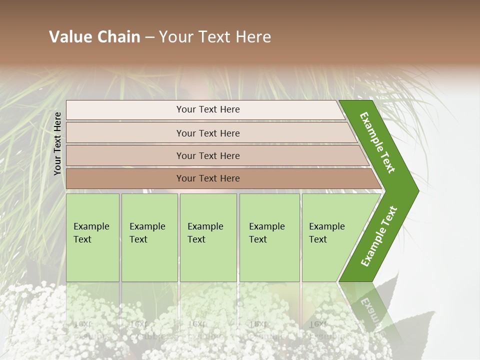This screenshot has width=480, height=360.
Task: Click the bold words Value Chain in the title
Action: click(x=94, y=37)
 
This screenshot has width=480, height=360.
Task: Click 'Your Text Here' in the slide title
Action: click(x=215, y=37)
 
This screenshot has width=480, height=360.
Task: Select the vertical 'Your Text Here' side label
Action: click(x=57, y=143)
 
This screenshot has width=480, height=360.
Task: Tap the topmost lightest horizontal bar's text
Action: click(x=208, y=109)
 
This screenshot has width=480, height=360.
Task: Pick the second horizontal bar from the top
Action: click(x=208, y=133)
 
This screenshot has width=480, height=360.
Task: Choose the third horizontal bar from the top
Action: click(x=208, y=156)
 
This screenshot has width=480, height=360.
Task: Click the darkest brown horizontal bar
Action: click(x=208, y=178)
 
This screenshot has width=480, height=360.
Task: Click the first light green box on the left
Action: click(x=92, y=237)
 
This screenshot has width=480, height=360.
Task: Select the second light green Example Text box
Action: click(x=149, y=237)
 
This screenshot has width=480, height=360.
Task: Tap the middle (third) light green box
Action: click(x=208, y=237)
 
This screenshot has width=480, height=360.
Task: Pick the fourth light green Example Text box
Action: click(x=269, y=237)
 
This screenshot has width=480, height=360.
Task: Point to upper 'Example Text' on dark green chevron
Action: click(x=377, y=142)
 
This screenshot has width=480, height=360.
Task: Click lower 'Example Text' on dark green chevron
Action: click(x=379, y=236)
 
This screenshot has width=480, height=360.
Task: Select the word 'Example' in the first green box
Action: click(x=91, y=226)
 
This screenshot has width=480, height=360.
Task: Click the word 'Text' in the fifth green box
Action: click(x=318, y=239)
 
